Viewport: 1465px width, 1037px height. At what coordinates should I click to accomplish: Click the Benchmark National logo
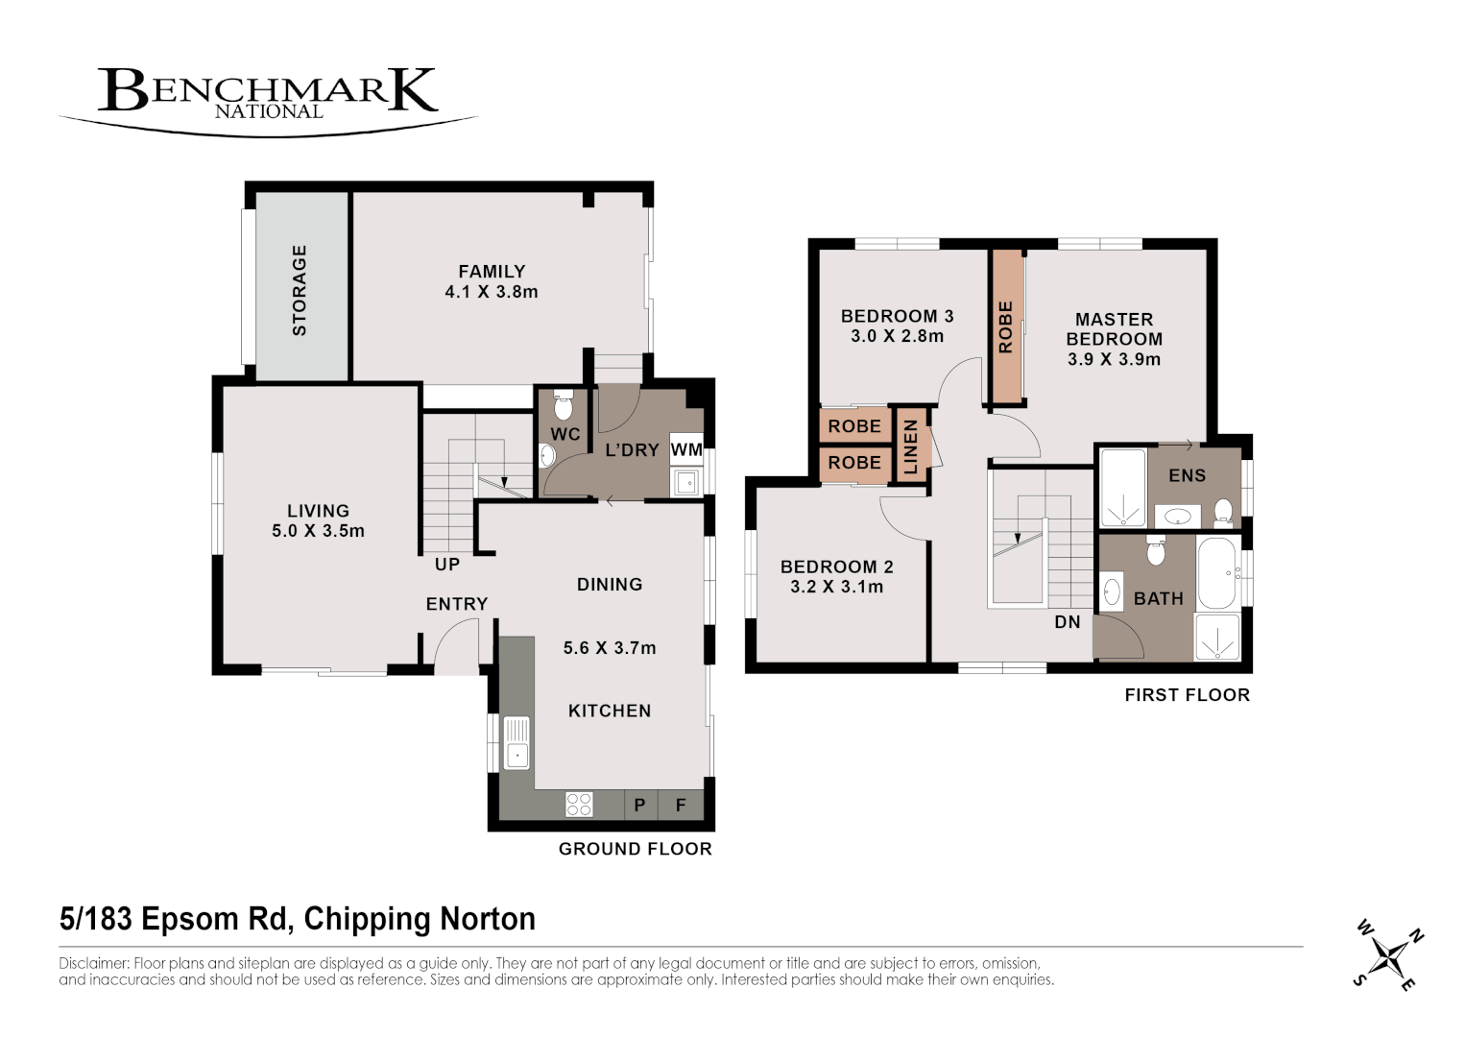(268, 96)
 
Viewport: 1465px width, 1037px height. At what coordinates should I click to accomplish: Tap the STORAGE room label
(300, 290)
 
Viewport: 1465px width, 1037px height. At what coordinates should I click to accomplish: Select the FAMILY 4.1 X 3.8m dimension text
(492, 292)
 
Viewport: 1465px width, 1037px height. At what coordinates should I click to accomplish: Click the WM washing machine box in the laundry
(685, 449)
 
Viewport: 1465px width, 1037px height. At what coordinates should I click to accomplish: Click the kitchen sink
(516, 742)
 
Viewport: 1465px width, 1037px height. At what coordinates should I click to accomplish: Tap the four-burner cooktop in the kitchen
(579, 804)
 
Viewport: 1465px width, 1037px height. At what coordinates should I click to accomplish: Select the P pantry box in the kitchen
(639, 806)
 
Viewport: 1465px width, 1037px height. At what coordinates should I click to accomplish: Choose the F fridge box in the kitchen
(681, 806)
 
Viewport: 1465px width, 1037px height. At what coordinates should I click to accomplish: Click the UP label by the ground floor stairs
(447, 565)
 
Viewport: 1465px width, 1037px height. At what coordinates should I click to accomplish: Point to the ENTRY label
(457, 604)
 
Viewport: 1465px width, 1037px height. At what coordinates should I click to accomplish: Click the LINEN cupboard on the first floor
(911, 446)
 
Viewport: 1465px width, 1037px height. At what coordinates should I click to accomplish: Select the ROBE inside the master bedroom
(1006, 327)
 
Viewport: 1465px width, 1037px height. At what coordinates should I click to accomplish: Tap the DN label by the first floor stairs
(1068, 622)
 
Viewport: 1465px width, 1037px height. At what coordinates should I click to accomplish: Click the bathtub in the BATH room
(1217, 573)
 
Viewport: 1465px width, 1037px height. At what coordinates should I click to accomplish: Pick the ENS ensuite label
(1188, 475)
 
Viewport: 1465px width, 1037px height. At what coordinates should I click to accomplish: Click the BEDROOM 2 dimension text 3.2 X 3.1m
(836, 587)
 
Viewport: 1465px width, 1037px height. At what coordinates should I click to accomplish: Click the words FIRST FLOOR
(1187, 695)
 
